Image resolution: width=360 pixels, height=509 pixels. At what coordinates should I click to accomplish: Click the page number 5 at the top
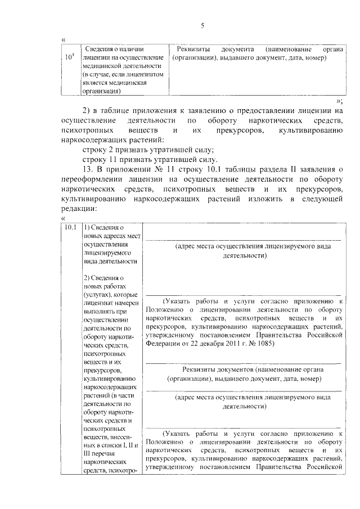coord(202,25)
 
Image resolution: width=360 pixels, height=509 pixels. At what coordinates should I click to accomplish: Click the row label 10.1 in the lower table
coord(70,227)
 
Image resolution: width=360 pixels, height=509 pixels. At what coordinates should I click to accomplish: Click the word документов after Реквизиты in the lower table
coord(233,370)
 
